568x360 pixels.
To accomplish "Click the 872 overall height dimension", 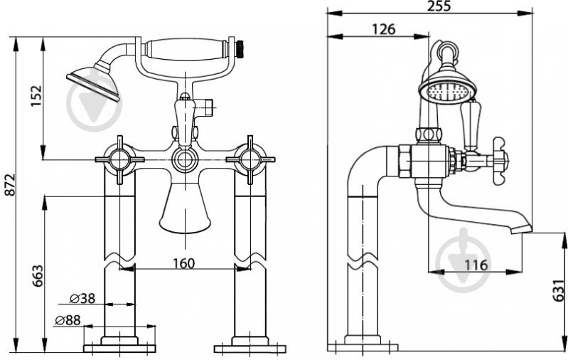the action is (x=10, y=185).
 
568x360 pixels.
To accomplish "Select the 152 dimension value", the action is (x=36, y=96).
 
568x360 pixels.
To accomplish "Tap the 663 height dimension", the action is (x=38, y=276).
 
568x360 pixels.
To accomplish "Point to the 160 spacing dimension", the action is (x=183, y=263).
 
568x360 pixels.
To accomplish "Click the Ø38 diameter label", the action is (x=82, y=298).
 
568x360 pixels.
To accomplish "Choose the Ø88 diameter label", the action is (x=68, y=320).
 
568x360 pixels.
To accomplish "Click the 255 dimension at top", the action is (x=439, y=6).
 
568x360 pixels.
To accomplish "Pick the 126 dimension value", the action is (x=384, y=29).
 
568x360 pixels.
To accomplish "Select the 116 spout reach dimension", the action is (x=476, y=265).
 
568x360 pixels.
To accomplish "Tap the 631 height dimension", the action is (x=559, y=290).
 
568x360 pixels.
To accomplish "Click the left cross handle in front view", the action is (x=119, y=159).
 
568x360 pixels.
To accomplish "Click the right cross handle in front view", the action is (x=250, y=159).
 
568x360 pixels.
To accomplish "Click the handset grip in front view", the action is (x=185, y=49).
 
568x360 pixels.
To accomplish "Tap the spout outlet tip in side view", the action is (x=522, y=230).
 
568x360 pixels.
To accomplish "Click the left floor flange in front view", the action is (x=119, y=348).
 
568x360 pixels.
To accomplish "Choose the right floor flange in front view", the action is (x=250, y=348).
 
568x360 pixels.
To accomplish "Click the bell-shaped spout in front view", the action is (x=185, y=208).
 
